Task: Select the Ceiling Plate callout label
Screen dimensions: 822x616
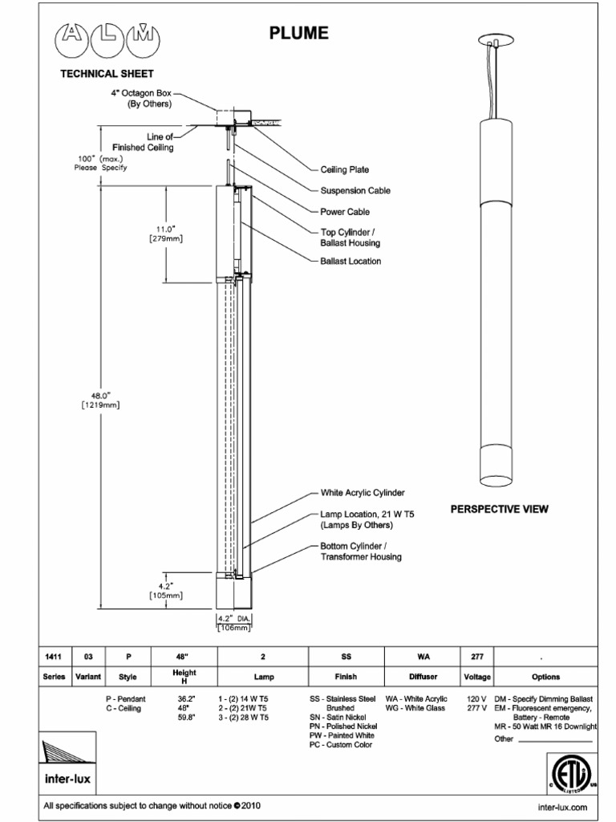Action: coord(344,170)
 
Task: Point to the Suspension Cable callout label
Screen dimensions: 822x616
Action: coord(355,191)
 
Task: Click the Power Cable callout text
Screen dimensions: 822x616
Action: coord(345,212)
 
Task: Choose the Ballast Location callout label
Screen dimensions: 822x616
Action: coord(351,261)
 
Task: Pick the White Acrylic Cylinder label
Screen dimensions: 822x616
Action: coord(363,492)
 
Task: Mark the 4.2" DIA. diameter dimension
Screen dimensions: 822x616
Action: coord(236,618)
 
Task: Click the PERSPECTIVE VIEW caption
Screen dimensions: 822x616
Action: coord(499,509)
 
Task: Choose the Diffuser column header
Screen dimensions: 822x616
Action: coord(423,677)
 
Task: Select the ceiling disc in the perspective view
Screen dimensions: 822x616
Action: coord(494,39)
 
